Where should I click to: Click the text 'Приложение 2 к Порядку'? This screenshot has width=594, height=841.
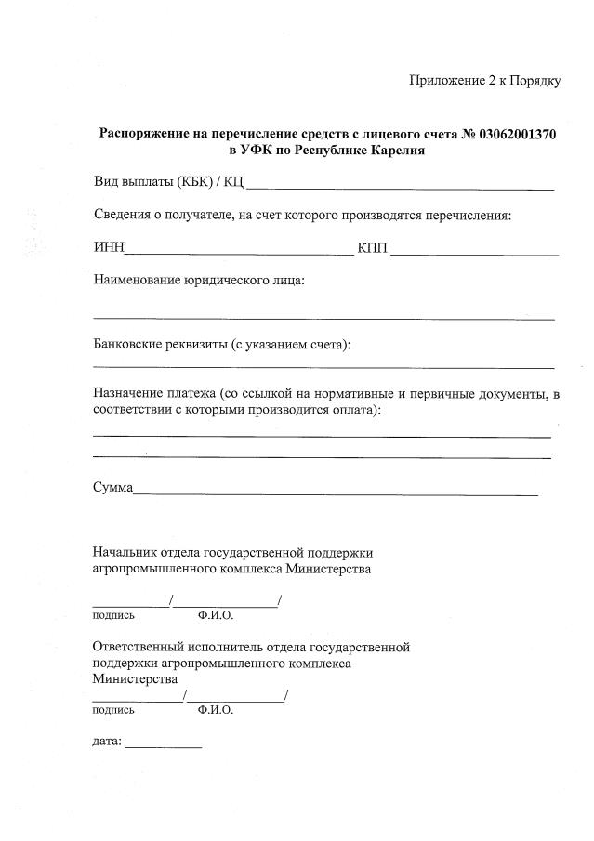coord(484,81)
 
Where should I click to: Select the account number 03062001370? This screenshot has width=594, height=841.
coord(519,134)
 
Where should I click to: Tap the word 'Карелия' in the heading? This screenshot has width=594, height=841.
coord(400,151)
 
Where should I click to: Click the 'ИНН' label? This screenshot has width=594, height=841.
coord(108,248)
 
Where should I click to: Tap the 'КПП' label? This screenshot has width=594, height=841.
coord(374,248)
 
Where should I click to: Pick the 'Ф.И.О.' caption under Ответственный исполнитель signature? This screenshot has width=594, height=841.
coord(215,710)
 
